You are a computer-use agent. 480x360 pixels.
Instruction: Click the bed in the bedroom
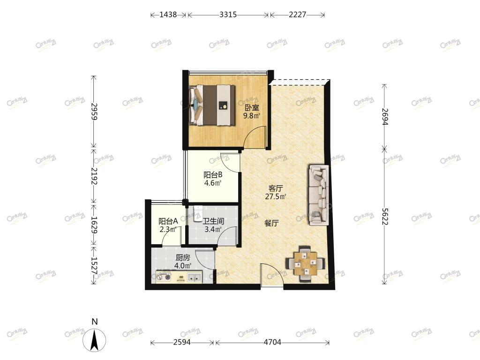[x=212, y=105]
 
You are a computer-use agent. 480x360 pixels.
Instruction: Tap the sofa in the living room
[x=319, y=195]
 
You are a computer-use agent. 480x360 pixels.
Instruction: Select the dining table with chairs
[x=305, y=263]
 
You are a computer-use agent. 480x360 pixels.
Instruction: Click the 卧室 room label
[x=252, y=108]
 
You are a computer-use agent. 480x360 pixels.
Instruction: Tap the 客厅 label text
[x=276, y=188]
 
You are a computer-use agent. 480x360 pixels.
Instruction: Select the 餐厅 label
[x=271, y=224]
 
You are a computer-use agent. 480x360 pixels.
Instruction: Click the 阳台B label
[x=213, y=175]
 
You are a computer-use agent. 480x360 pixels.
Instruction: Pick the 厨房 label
[x=183, y=258]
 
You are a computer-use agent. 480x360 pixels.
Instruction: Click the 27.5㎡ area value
[x=276, y=196]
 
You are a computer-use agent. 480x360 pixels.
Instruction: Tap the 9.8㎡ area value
[x=252, y=116]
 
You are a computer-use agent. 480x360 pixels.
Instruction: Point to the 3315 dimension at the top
[x=228, y=15]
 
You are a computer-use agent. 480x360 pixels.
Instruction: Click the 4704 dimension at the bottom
[x=272, y=342]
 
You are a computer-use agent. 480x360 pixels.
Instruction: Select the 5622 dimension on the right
[x=385, y=217]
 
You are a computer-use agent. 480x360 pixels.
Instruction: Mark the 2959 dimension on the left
[x=94, y=112]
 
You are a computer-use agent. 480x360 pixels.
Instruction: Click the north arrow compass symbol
[x=95, y=339]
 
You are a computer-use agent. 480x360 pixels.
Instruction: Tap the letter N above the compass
[x=95, y=322]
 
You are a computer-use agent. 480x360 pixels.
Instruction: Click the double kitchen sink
[x=195, y=277]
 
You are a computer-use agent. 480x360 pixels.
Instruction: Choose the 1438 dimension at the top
[x=168, y=15]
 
